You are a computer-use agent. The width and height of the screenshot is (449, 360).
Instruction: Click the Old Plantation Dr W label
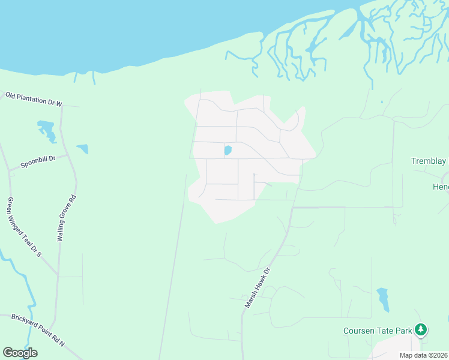pos(34,99)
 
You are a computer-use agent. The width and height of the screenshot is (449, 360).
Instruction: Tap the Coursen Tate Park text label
pos(378,331)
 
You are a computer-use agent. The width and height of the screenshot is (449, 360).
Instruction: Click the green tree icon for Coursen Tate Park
pos(421,329)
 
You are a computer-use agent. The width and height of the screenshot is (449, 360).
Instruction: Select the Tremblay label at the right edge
pos(429,161)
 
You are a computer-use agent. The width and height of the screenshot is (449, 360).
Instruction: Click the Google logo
pos(20,353)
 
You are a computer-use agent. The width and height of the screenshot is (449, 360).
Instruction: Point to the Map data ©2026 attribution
pos(423,355)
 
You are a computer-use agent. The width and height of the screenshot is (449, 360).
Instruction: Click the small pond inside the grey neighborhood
pos(228,150)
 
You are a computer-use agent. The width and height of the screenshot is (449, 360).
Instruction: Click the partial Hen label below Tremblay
pos(441,187)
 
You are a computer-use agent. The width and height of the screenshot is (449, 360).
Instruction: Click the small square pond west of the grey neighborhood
pos(82,148)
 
